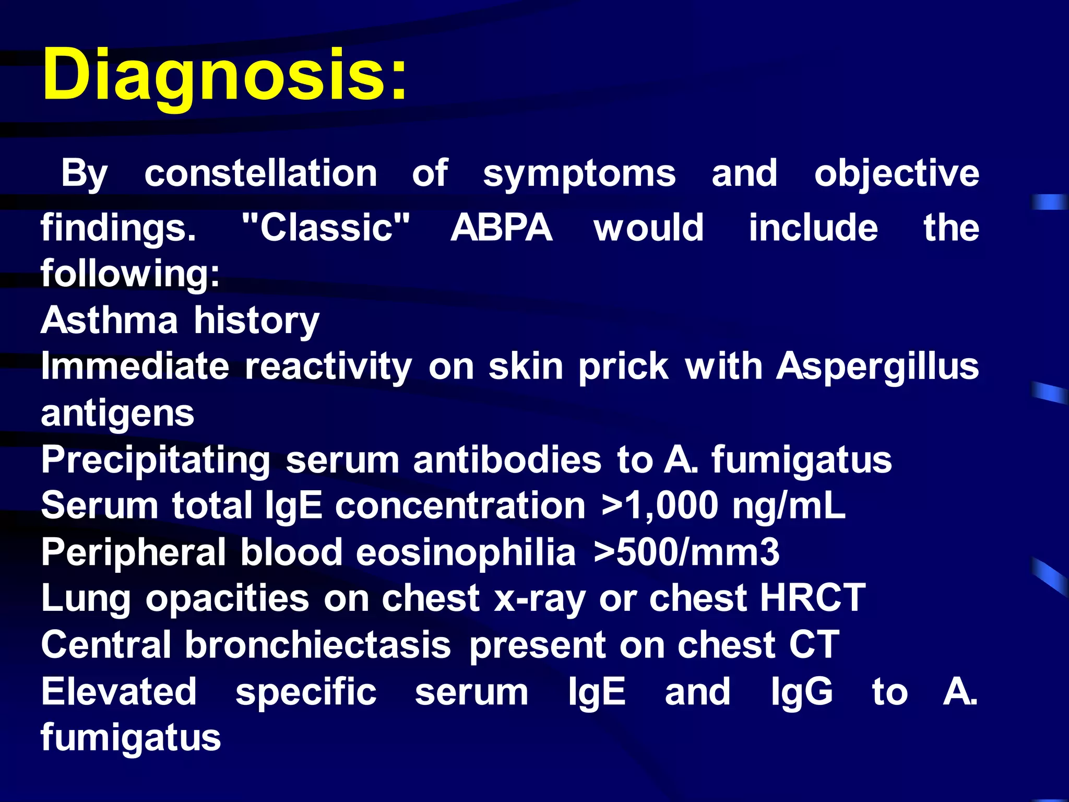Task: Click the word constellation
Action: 260,173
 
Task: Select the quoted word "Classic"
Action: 326,228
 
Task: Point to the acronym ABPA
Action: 501,228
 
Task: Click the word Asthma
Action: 109,320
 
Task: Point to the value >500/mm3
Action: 686,552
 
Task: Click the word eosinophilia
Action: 466,552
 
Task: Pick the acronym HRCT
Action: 813,598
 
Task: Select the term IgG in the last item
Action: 802,692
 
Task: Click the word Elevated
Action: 119,691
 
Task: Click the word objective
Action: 896,173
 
